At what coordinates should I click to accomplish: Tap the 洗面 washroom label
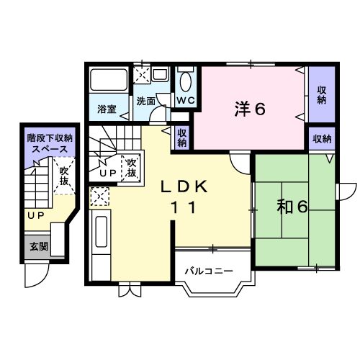pos(145,102)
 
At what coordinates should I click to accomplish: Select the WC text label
pos(185,100)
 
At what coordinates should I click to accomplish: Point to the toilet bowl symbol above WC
pos(186,81)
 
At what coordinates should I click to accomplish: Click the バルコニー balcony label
pos(208,271)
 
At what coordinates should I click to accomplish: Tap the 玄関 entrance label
pos(38,246)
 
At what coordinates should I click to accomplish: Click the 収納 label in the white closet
pos(182,138)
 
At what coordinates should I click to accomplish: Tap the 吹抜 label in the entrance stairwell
pos(64,176)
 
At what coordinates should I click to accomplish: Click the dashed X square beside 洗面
pos(143,75)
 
